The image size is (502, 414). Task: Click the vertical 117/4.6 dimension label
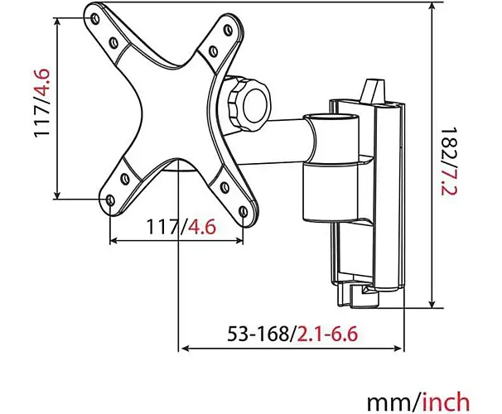pos(42,103)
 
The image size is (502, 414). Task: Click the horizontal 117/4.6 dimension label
pos(181,227)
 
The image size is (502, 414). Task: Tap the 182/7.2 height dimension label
pos(449,162)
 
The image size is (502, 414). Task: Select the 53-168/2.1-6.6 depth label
pos(292,334)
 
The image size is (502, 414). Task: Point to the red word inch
pos(446,402)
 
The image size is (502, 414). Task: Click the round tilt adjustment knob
pos(249,104)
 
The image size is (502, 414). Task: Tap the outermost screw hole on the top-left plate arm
pos(94,18)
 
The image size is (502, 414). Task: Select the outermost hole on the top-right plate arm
pos(228,30)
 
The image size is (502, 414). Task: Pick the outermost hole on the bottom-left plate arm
pos(110,200)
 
